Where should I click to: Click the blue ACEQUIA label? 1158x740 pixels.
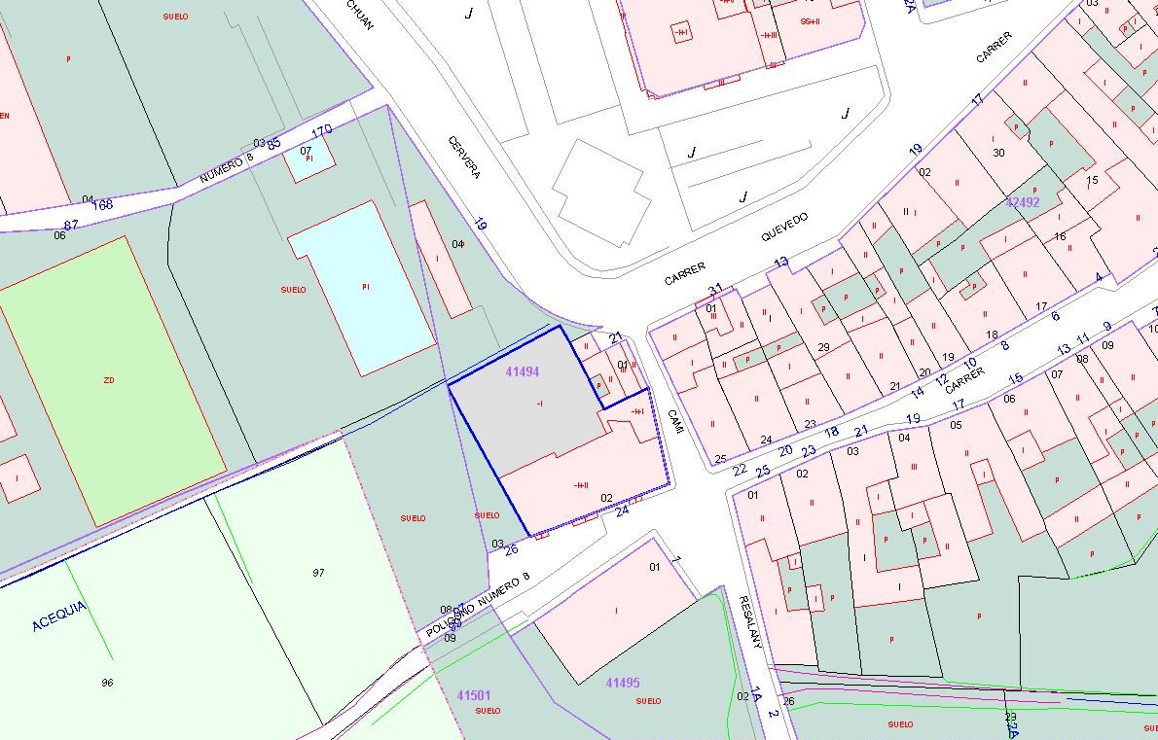[59, 616]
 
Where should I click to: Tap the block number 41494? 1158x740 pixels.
[523, 371]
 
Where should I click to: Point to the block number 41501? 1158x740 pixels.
[474, 695]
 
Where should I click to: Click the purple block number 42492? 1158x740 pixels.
[1023, 202]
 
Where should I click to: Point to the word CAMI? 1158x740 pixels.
[674, 422]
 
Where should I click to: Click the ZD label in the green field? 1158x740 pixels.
[108, 380]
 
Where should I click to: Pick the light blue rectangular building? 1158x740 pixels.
[362, 288]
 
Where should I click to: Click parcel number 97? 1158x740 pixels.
[318, 573]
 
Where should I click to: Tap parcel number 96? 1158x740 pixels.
[107, 683]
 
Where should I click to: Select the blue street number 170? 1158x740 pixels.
[321, 130]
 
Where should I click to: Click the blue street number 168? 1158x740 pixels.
[102, 204]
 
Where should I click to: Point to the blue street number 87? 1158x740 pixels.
[71, 225]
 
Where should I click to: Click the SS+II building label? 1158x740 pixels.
[810, 20]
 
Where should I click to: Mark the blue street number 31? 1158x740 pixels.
[715, 290]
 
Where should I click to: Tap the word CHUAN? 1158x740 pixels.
[359, 18]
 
